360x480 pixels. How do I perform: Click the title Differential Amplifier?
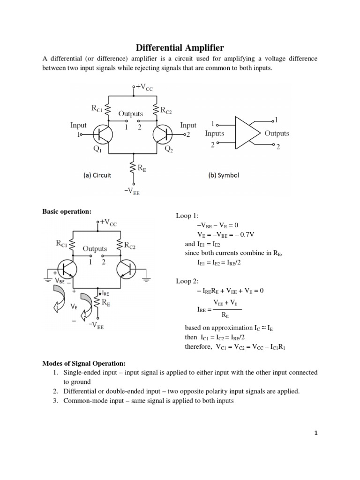pos(180,48)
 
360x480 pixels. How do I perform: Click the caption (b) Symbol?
pos(224,175)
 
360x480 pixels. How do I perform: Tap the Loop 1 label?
pos(187,216)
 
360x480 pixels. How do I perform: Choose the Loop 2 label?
pos(187,281)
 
